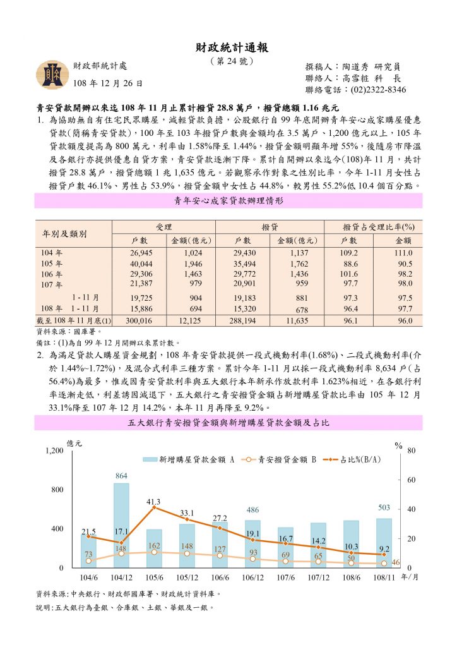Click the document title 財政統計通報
pyautogui.click(x=228, y=47)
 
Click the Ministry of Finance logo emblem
pyautogui.click(x=50, y=75)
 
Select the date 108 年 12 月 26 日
pyautogui.click(x=108, y=83)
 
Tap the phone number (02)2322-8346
pyautogui.click(x=372, y=90)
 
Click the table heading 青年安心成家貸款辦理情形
pyautogui.click(x=228, y=201)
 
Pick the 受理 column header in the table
pyautogui.click(x=163, y=226)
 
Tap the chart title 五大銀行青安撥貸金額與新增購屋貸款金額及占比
pyautogui.click(x=228, y=422)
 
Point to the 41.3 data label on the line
pyautogui.click(x=153, y=501)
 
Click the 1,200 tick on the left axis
pyautogui.click(x=54, y=450)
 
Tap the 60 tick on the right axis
pyautogui.click(x=412, y=480)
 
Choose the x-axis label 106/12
pyautogui.click(x=252, y=578)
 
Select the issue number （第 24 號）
pyautogui.click(x=228, y=61)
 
